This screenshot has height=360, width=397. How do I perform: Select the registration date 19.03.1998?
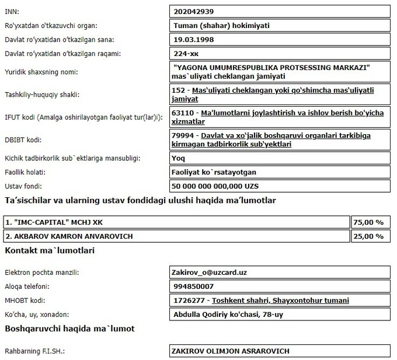pyautogui.click(x=195, y=40)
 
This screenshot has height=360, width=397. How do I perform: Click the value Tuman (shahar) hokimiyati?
pyautogui.click(x=221, y=25)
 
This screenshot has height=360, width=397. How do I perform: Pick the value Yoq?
pyautogui.click(x=180, y=158)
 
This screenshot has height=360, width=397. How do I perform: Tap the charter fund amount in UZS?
pyautogui.click(x=218, y=186)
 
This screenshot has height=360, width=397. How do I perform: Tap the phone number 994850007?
pyautogui.click(x=194, y=286)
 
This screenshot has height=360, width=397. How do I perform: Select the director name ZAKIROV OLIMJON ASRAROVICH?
pyautogui.click(x=230, y=351)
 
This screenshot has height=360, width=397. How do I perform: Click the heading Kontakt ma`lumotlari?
pyautogui.click(x=50, y=250)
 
